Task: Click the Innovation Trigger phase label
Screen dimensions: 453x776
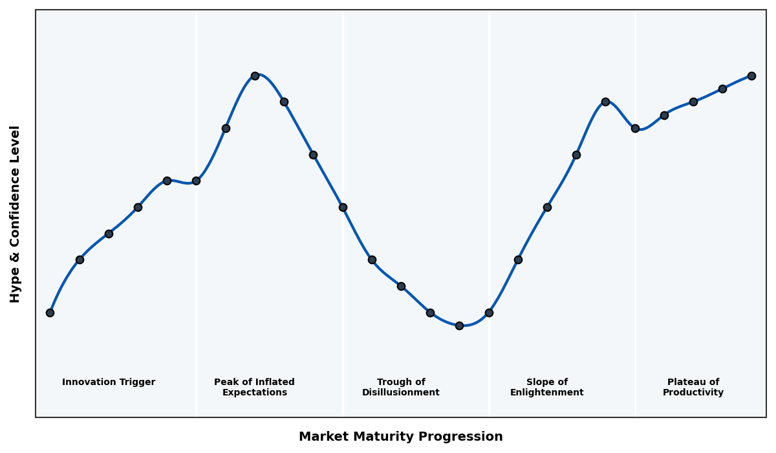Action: point(109,382)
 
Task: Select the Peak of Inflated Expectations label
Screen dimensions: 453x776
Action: point(254,387)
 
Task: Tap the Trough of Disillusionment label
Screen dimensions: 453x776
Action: point(400,387)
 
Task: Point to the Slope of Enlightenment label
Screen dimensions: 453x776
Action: point(546,387)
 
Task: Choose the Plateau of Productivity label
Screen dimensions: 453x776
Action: point(693,387)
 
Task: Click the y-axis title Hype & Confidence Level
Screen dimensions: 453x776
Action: point(16,214)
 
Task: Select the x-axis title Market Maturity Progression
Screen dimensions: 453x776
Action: point(400,437)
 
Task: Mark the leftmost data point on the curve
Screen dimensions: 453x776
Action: point(50,313)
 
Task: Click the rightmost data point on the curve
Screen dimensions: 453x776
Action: point(751,76)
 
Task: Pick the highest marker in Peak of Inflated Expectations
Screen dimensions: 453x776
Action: point(255,76)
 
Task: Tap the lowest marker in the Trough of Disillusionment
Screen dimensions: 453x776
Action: point(459,326)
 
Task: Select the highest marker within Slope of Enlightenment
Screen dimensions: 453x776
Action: point(605,102)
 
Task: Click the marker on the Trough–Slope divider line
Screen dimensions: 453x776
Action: point(489,313)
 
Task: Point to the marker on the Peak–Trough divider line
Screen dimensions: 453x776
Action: point(343,207)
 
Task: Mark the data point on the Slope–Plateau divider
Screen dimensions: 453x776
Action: point(635,128)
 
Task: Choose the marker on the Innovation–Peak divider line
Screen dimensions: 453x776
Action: point(196,181)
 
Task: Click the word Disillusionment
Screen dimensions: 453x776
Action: point(400,393)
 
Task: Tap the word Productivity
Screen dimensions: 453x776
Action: point(693,393)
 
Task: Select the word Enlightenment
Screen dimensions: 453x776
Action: point(546,393)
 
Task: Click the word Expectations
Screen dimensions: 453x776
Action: point(254,393)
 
